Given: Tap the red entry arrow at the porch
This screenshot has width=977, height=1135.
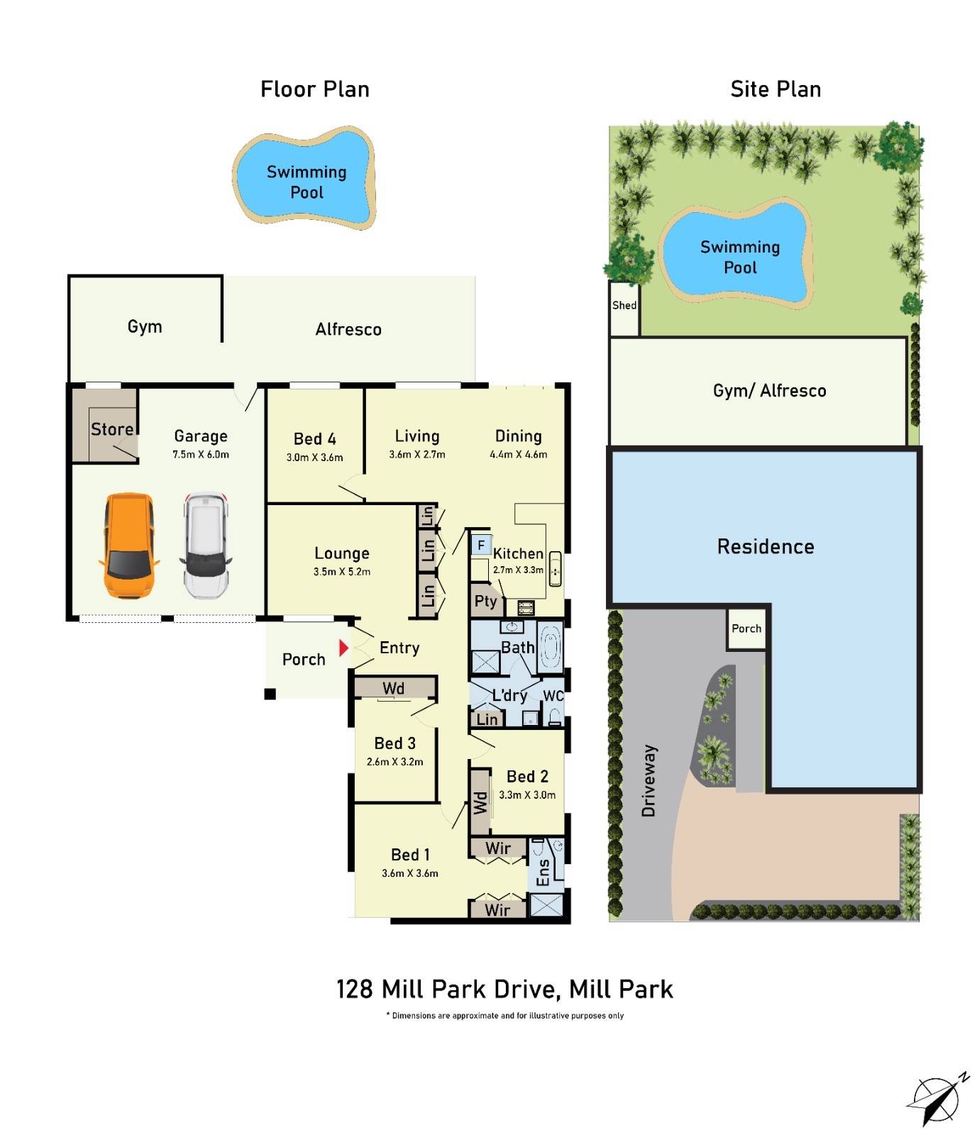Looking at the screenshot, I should pyautogui.click(x=343, y=648).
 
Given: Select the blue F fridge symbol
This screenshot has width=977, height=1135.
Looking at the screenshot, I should pyautogui.click(x=481, y=545).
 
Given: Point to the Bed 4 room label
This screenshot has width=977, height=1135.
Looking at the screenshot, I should pyautogui.click(x=314, y=438).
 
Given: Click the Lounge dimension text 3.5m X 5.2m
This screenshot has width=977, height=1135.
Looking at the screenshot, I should pyautogui.click(x=342, y=572).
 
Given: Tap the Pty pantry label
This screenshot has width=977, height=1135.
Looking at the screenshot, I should pyautogui.click(x=485, y=602).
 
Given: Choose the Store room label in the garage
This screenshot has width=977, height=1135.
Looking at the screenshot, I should pyautogui.click(x=111, y=429).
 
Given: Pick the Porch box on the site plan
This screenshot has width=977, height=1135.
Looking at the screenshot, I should pyautogui.click(x=746, y=629).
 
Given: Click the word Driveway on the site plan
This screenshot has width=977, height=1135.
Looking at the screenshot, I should pyautogui.click(x=648, y=780).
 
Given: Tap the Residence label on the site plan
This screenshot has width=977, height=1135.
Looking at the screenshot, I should pyautogui.click(x=766, y=546).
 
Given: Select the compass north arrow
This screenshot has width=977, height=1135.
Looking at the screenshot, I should pyautogui.click(x=937, y=1100).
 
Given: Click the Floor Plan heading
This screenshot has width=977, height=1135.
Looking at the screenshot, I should pyautogui.click(x=315, y=89).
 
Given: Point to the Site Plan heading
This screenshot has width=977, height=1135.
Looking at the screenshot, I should pyautogui.click(x=775, y=89).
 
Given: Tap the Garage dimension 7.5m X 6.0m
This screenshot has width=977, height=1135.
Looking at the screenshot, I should pyautogui.click(x=201, y=455).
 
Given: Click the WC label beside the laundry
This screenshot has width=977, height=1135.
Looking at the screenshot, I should pyautogui.click(x=553, y=696).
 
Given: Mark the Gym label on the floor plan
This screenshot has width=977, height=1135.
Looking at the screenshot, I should pyautogui.click(x=145, y=326).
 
